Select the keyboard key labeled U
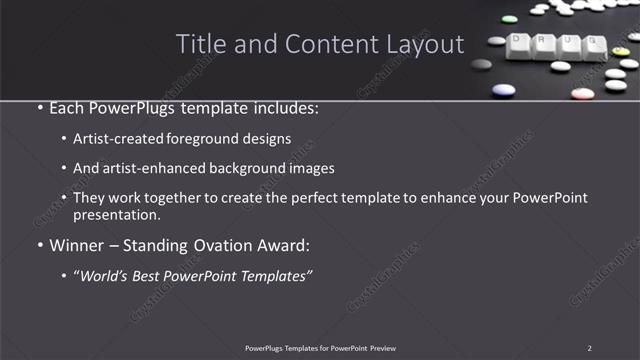point(569,44)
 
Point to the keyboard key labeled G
point(592,46)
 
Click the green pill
point(508,18)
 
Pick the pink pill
point(582,94)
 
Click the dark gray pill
point(482,64)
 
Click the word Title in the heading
point(200,44)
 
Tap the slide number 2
point(589,348)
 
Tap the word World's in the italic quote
point(109,274)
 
